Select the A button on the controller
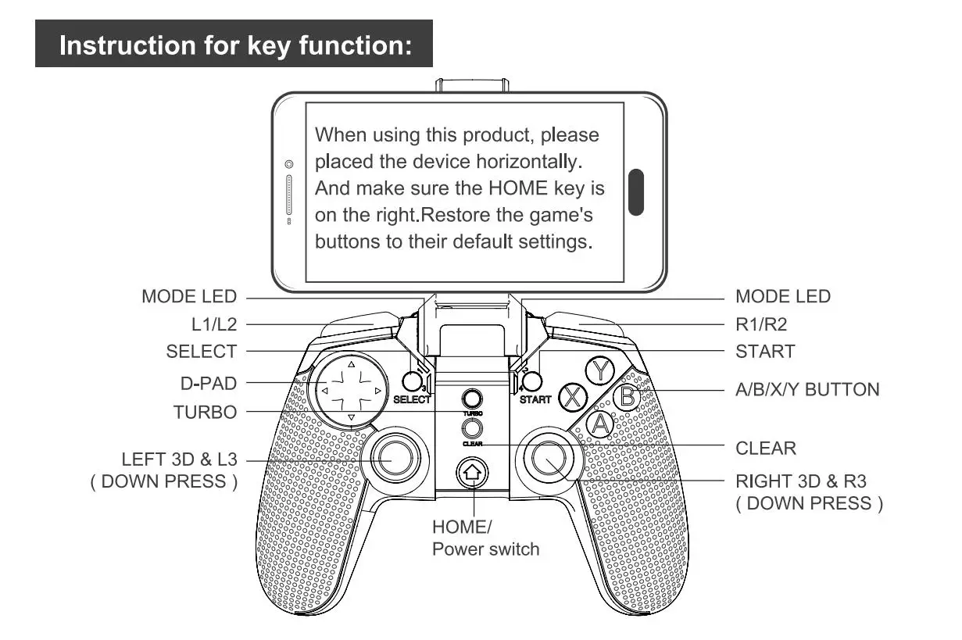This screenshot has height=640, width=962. coord(600,424)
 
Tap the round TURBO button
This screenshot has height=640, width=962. coord(471,398)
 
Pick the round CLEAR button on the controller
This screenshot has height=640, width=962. coord(471,428)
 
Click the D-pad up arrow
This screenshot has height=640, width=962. coord(351,363)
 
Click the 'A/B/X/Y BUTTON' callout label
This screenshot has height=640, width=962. coord(807,389)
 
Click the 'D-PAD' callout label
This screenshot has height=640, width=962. coord(208,384)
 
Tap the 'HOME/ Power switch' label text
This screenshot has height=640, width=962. coord(485,538)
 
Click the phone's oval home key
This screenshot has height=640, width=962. coord(636,191)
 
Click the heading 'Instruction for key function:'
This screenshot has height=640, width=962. coord(234,45)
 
